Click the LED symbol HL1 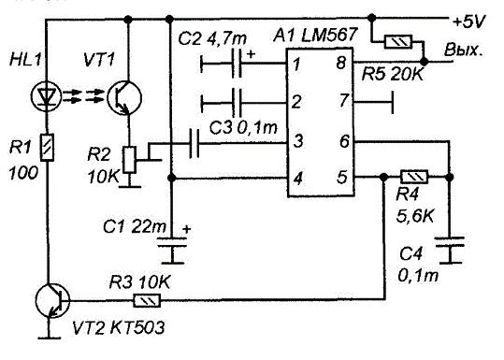(47, 95)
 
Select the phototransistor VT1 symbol (124, 97)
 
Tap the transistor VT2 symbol (52, 300)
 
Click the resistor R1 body (47, 147)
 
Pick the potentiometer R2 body (130, 160)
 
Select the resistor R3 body (147, 301)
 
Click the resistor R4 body (414, 177)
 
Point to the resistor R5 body (398, 42)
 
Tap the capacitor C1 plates (172, 242)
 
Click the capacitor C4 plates (450, 241)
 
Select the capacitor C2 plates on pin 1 (237, 63)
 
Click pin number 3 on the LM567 (298, 141)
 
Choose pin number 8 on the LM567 (341, 63)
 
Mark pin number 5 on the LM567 (342, 177)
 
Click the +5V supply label (468, 22)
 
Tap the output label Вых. (463, 50)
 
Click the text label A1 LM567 (315, 35)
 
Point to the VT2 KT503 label (119, 328)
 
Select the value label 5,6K (415, 217)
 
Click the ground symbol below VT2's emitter (50, 338)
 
